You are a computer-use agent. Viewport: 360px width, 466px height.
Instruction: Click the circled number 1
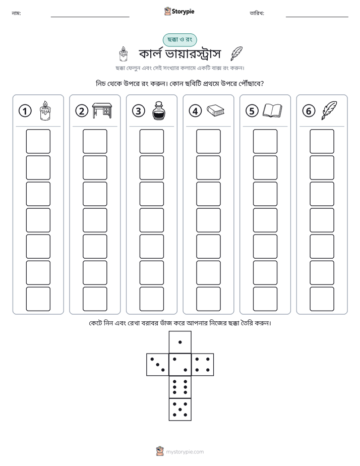pos(25,111)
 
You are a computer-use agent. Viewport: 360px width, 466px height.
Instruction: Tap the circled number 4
pos(195,111)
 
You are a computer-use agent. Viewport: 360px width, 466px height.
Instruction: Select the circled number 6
pos(309,111)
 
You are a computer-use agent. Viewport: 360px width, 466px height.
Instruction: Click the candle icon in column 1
pos(45,110)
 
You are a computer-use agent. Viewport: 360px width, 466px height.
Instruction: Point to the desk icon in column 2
pos(102,110)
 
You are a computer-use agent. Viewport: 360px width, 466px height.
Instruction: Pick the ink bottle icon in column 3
pos(159,110)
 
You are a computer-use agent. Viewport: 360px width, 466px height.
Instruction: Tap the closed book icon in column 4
pos(215,110)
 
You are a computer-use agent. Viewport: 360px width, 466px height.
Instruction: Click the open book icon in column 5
pos(272,110)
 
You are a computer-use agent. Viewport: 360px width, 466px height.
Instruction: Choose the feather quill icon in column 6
pos(329,110)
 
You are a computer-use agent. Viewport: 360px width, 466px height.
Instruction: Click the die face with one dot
pos(180,342)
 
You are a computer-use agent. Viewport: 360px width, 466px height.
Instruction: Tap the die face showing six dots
pos(180,387)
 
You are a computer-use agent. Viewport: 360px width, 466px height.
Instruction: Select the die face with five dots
pos(180,409)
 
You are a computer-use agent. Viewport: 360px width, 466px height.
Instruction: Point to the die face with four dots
pos(203,365)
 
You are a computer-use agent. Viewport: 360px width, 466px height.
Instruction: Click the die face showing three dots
pos(158,365)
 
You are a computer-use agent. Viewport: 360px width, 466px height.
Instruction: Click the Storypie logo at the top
pos(179,11)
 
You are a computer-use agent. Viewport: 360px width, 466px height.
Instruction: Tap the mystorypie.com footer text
pos(185,452)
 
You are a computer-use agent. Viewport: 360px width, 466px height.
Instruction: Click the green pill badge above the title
pos(179,40)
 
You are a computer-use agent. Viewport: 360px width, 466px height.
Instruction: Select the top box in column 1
pos(38,141)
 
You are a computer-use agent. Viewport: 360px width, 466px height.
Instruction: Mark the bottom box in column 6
pos(322,299)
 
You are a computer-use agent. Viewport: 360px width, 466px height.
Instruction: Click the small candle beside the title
pos(123,54)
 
